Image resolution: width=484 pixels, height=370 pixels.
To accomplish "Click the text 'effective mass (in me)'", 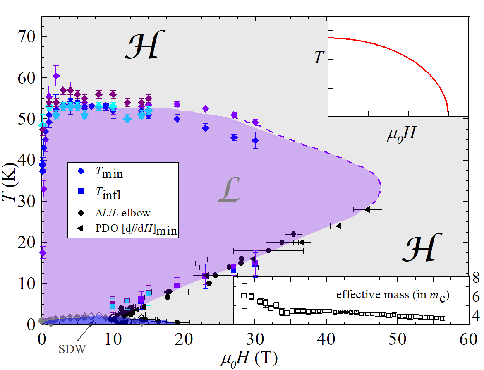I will [x=393, y=296].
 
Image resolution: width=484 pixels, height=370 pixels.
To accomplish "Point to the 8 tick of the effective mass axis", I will [x=476, y=278].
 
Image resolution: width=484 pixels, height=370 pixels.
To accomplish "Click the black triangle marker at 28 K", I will [x=367, y=210].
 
